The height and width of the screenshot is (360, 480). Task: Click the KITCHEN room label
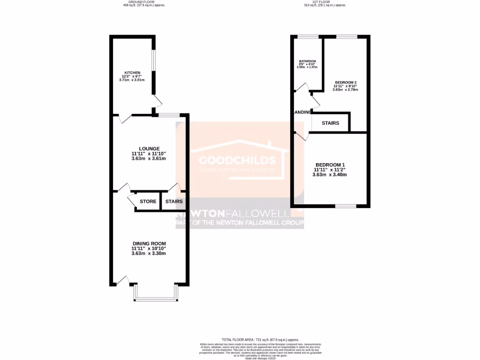[x=132, y=73]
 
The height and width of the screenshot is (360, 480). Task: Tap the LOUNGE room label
[x=149, y=149]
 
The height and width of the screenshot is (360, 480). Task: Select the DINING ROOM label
[x=149, y=243]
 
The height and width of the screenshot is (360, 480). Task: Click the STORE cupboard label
[x=148, y=202]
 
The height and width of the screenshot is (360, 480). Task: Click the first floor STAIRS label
[x=330, y=123]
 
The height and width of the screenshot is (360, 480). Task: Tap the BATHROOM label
[x=307, y=61]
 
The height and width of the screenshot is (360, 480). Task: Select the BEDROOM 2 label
[x=345, y=82]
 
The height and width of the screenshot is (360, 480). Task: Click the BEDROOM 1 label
[x=330, y=165]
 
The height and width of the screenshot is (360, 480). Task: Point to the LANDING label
[x=302, y=112]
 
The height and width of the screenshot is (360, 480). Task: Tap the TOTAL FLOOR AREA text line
[x=260, y=339]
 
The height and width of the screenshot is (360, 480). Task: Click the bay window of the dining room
[x=156, y=298]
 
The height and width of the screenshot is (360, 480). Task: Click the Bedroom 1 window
[x=346, y=206]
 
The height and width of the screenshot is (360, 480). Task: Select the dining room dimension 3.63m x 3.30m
[x=149, y=254]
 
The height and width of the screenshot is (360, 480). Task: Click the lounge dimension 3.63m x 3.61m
[x=149, y=158]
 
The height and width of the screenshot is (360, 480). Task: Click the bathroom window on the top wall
[x=307, y=37]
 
